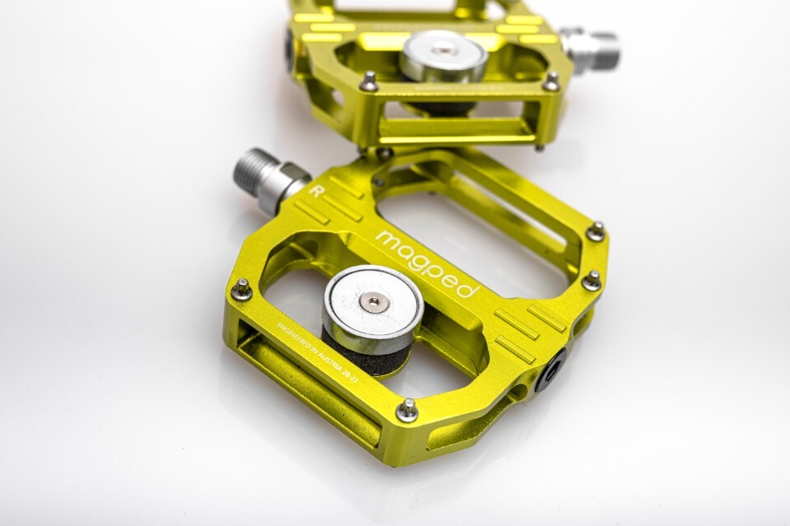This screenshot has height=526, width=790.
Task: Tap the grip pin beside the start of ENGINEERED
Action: [x=242, y=288]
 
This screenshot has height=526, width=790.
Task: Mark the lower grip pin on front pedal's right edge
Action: [x=591, y=280]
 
